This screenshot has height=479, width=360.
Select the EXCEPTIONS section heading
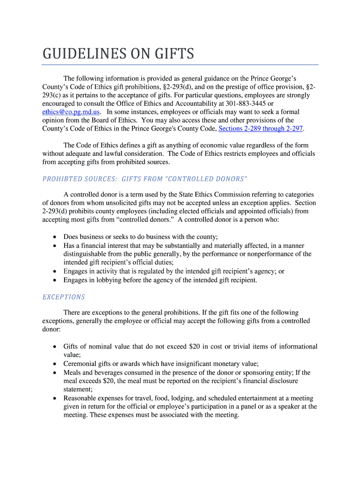[x=64, y=297]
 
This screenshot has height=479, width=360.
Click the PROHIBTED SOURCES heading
[x=79, y=179]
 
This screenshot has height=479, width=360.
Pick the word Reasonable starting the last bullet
[x=81, y=398]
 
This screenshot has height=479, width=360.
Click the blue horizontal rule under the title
[x=180, y=65]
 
